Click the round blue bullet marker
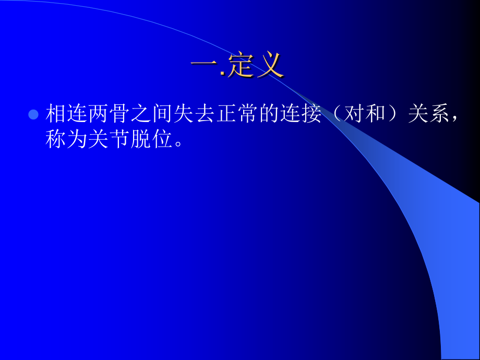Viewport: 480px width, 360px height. [33, 114]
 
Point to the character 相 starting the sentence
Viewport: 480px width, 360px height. [56, 114]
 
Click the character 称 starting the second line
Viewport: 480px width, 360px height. [56, 139]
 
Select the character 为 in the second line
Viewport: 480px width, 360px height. [77, 139]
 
